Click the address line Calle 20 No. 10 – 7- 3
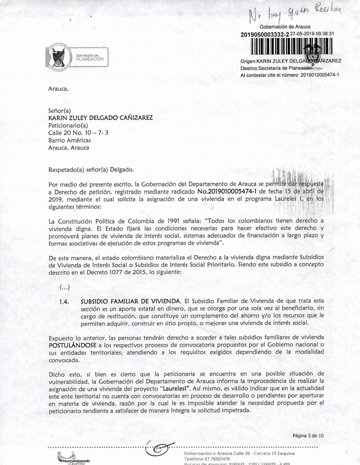point(74,133)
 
